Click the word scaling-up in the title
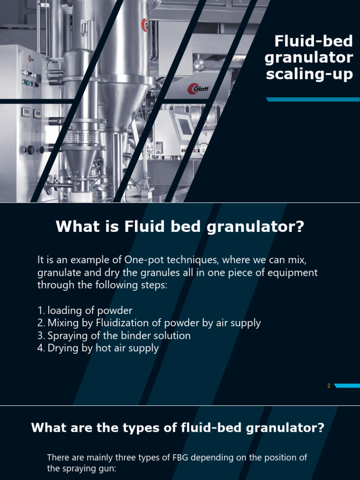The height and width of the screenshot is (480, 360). coord(309,74)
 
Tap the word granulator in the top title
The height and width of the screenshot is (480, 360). coord(309,58)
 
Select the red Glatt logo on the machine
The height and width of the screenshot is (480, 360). coord(198,88)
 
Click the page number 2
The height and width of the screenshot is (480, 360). coord(329,386)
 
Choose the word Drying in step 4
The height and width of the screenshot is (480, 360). coord(61,348)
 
